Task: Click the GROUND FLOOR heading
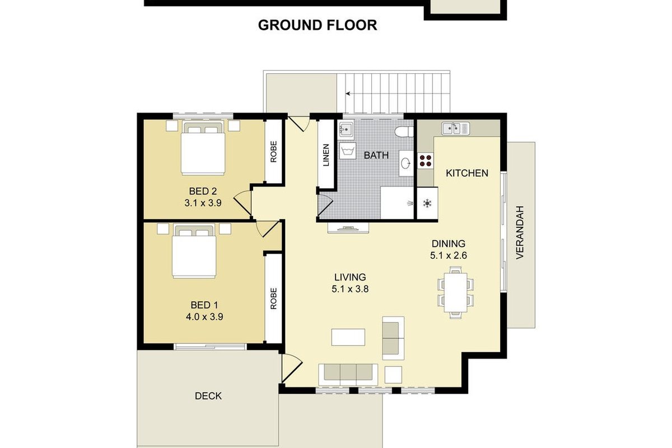[x=318, y=25]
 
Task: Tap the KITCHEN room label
[x=467, y=173]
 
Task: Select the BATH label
[x=376, y=155]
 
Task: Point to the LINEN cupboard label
[x=326, y=155]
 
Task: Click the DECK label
[x=208, y=396]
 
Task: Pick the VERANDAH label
[x=520, y=232]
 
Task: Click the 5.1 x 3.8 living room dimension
[x=350, y=289]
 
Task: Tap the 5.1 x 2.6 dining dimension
[x=449, y=255]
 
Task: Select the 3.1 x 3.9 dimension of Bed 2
[x=203, y=203]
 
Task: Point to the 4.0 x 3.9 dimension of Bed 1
[x=204, y=317]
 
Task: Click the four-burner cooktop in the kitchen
[x=426, y=160]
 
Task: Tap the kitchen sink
[x=455, y=128]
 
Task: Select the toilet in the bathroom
[x=404, y=132]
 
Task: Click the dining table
[x=456, y=292]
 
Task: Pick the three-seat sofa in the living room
[x=348, y=375]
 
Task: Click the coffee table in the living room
[x=348, y=337]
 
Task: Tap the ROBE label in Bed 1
[x=273, y=298]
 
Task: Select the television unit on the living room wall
[x=348, y=228]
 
